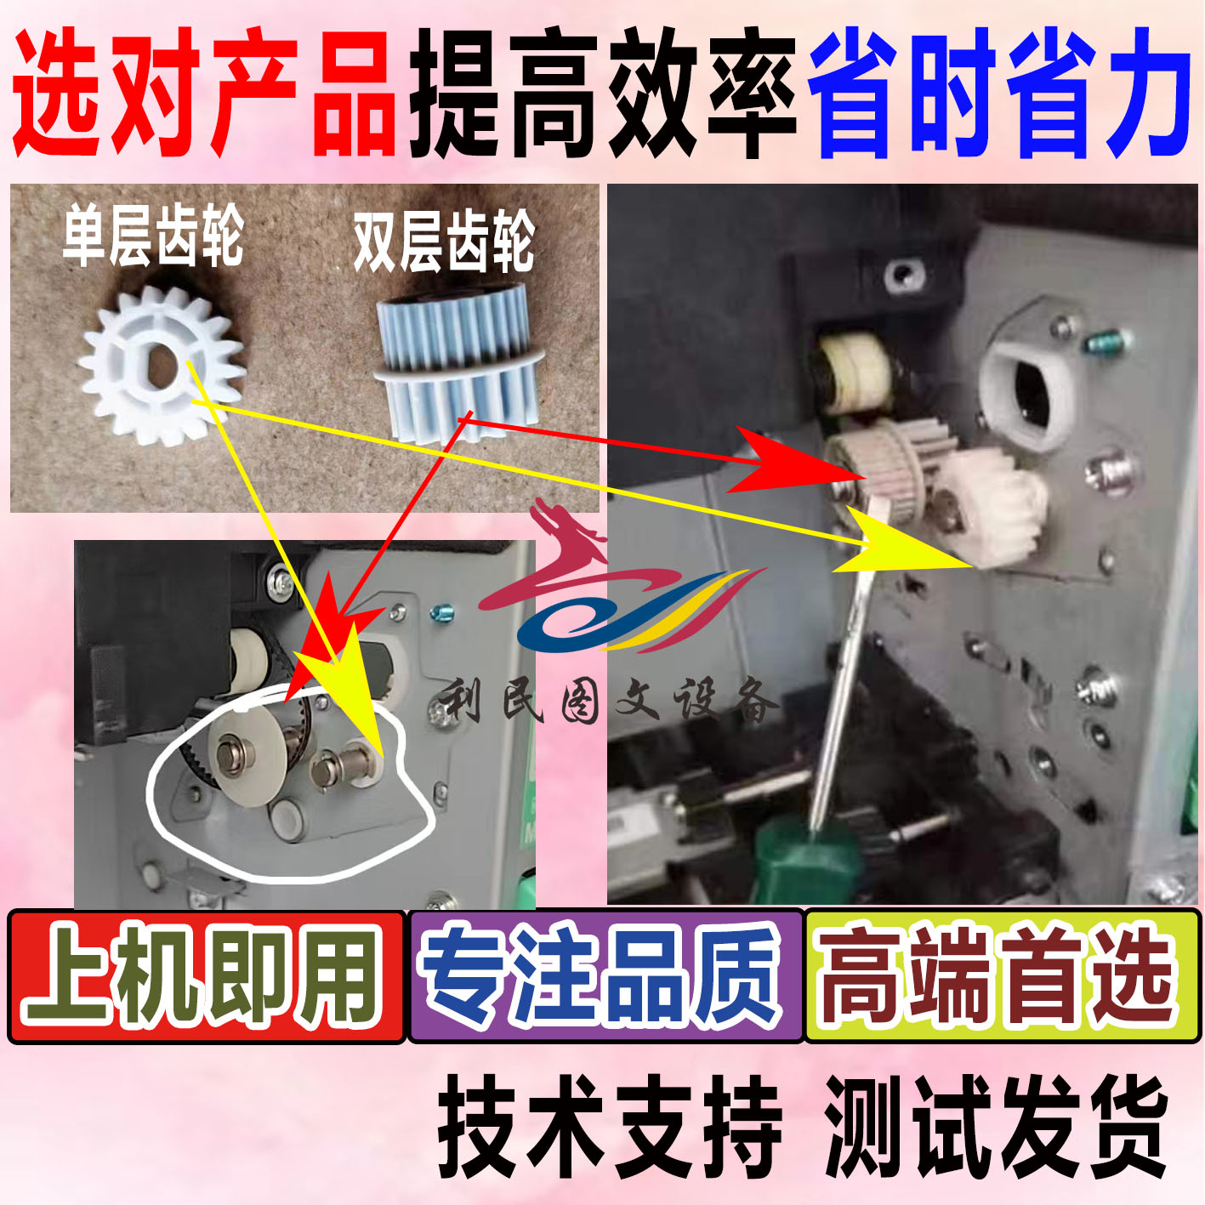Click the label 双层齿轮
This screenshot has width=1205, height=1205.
point(444,242)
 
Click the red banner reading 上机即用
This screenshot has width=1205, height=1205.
point(206,976)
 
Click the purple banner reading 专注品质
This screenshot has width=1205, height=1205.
point(605,976)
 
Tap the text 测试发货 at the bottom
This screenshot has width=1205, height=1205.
point(995,1125)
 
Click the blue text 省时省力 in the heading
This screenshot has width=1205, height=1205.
point(1000,94)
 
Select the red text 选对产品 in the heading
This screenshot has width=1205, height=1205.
point(204,94)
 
